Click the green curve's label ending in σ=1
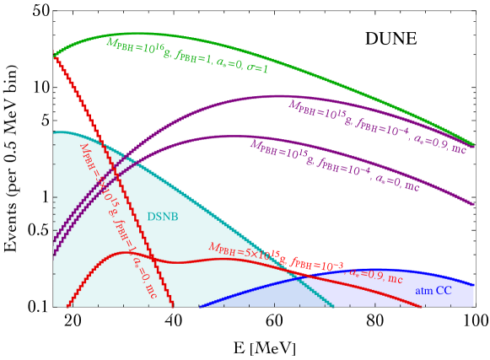click(x=187, y=55)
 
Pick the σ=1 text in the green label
click(x=257, y=68)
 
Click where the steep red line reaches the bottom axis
click(x=174, y=306)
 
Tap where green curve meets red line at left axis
click(x=54, y=56)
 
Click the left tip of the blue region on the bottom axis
click(x=199, y=306)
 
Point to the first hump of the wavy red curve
click(x=127, y=251)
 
